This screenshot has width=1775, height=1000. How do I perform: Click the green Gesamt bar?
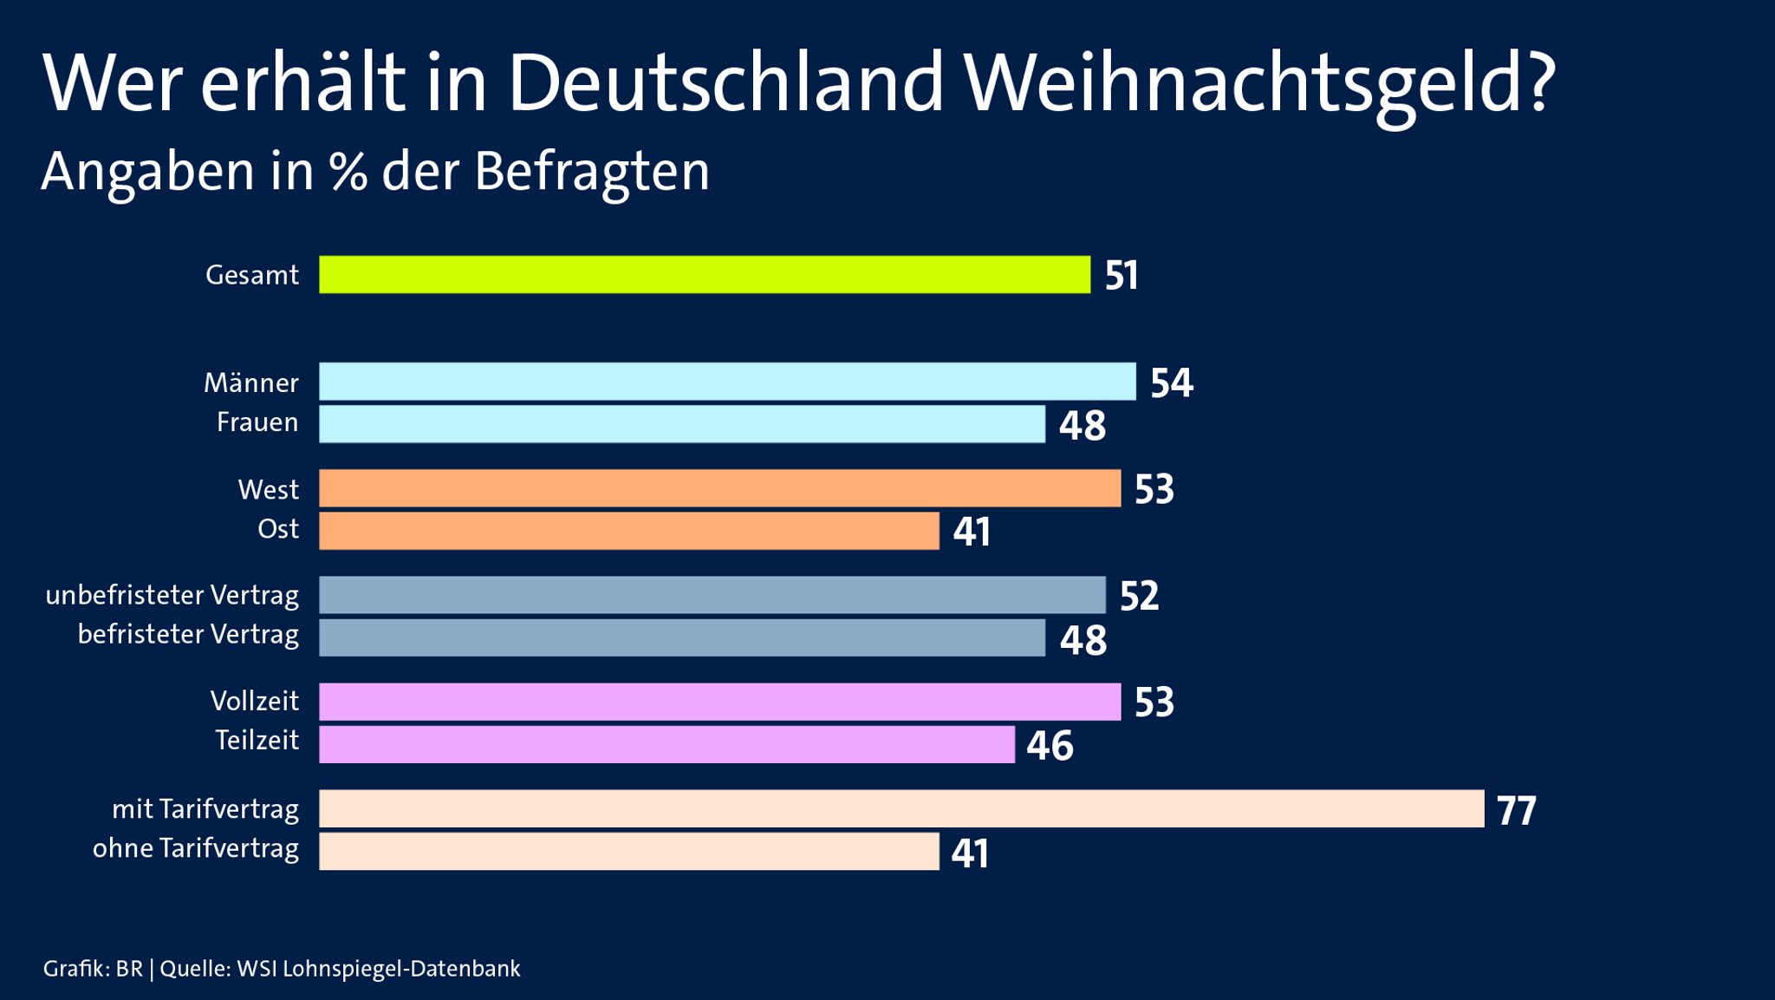[704, 275]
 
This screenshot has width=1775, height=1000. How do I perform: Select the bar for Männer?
[726, 382]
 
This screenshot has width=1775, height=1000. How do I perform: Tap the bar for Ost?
[628, 531]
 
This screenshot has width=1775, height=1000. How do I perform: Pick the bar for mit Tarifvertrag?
[901, 808]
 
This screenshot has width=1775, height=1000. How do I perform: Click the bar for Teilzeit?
[666, 744]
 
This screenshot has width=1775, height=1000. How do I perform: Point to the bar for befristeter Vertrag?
[681, 637]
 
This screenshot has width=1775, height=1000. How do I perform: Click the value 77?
[1516, 811]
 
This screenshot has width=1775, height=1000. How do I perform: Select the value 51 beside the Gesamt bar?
[1121, 276]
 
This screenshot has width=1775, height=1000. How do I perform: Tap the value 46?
[1050, 746]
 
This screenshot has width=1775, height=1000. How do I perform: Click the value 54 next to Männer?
[1171, 383]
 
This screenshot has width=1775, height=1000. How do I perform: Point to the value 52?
[1139, 597]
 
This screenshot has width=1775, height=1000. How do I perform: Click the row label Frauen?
[257, 422]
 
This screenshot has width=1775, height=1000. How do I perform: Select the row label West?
[268, 490]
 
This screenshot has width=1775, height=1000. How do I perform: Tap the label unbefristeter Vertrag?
[172, 595]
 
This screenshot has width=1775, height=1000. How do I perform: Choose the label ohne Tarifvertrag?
[195, 848]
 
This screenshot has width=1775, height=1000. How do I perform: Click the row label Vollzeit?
[254, 701]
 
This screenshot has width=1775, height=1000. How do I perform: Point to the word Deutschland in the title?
[725, 83]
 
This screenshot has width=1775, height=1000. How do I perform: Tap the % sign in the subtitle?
[348, 172]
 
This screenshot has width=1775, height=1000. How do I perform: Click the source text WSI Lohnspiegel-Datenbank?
[378, 969]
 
